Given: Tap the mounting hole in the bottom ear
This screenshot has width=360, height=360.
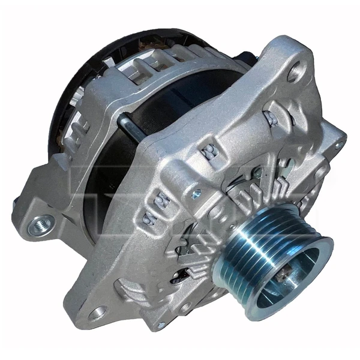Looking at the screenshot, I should [x=96, y=313].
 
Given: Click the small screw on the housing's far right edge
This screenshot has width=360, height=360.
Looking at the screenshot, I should [x=340, y=143].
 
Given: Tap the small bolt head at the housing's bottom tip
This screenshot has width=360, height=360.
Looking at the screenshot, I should [x=160, y=325].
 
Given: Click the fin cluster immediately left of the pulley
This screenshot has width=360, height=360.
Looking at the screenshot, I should [x=198, y=252].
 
